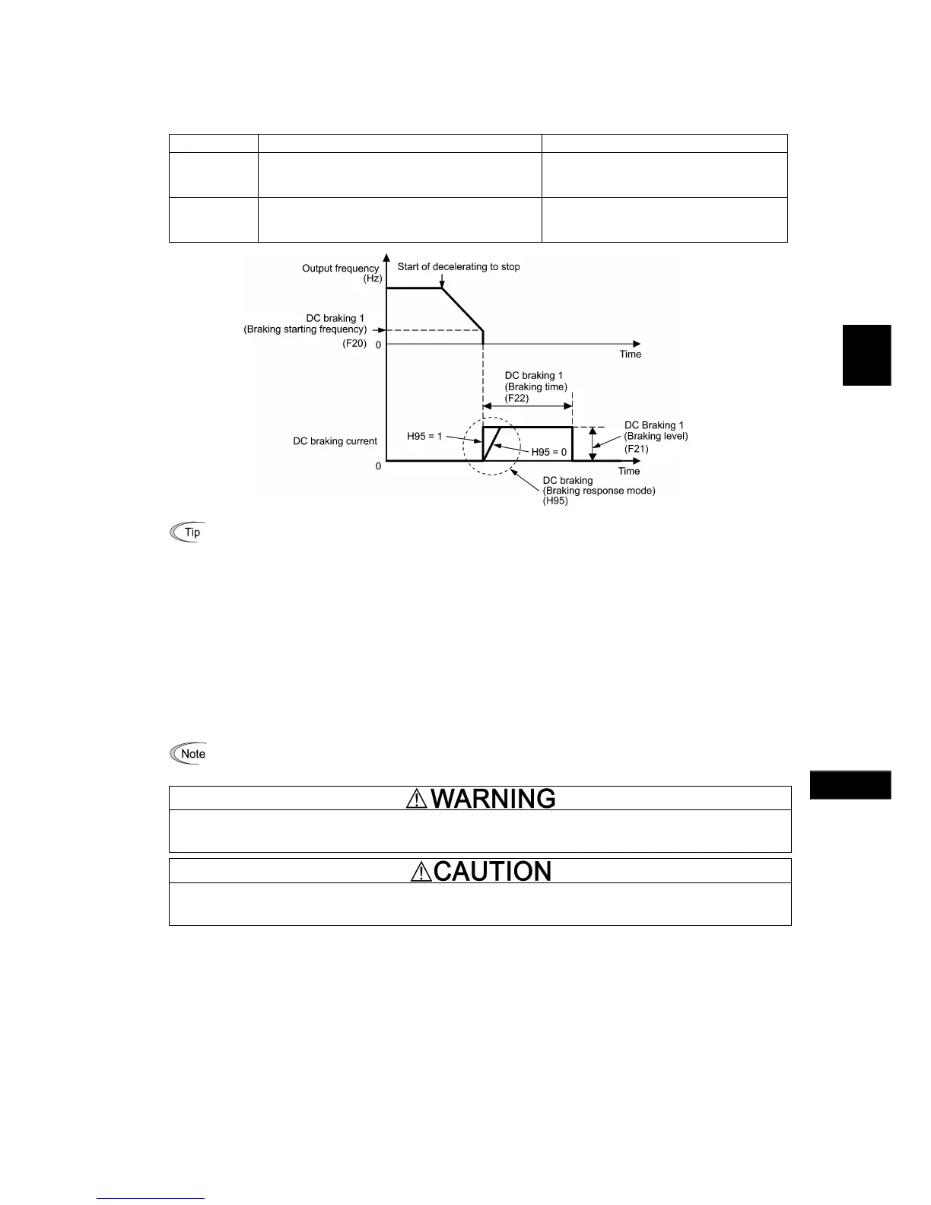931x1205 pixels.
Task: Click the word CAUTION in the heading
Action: [492, 871]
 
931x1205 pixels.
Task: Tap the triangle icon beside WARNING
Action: [416, 798]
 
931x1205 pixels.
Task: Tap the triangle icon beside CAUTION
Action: [421, 872]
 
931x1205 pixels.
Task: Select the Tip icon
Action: [187, 532]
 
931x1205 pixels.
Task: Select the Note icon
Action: [187, 754]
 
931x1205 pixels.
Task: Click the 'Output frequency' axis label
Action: [340, 269]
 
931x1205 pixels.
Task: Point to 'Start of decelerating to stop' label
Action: [459, 267]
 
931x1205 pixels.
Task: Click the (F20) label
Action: [354, 343]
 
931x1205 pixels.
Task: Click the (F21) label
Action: [637, 449]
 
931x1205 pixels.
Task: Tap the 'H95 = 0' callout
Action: [549, 452]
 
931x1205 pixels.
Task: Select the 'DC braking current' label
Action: [335, 441]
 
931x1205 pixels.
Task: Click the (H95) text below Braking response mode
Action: [555, 501]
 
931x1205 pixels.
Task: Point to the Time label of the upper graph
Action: [630, 354]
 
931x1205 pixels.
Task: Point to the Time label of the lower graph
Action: [629, 471]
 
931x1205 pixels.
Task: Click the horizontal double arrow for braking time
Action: [528, 409]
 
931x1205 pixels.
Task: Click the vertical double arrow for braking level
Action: [593, 444]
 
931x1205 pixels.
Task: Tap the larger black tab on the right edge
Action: [866, 355]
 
